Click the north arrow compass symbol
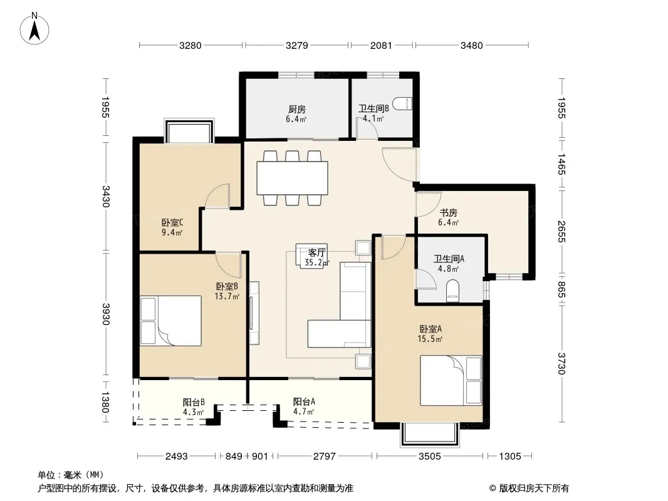click(x=34, y=29)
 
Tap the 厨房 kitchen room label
click(x=296, y=110)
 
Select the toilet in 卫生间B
click(x=402, y=104)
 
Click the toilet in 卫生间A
click(x=452, y=291)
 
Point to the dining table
click(x=292, y=178)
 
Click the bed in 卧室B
click(x=171, y=321)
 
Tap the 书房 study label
click(x=448, y=212)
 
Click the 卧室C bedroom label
click(x=172, y=222)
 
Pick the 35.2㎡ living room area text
click(x=316, y=262)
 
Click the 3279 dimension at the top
click(x=296, y=45)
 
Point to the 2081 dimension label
click(x=381, y=45)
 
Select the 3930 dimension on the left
click(x=106, y=314)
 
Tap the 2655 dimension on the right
click(x=561, y=232)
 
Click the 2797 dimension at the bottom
click(x=324, y=457)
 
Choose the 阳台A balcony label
click(x=304, y=401)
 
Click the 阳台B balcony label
click(x=194, y=402)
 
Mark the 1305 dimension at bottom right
click(x=510, y=457)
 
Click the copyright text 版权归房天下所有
click(x=533, y=488)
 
